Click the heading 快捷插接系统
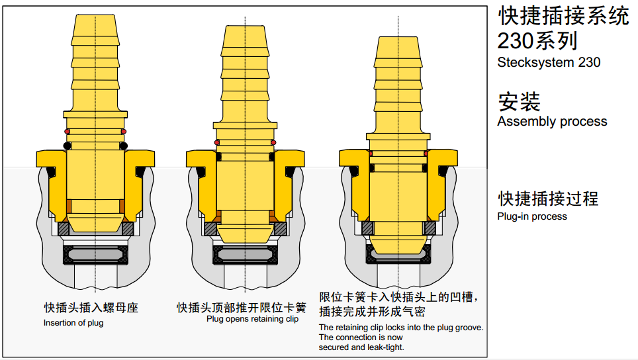point(563,17)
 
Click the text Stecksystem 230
point(549,62)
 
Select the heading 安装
point(519,102)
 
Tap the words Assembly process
point(552,121)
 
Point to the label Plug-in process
point(532,216)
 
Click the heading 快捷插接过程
point(548,199)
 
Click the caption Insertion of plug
point(73,322)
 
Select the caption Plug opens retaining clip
point(252,318)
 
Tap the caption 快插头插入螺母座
point(91,308)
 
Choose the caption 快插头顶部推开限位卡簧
point(242,308)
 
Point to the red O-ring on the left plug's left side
point(67,132)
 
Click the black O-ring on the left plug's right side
point(123,146)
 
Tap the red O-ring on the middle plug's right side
point(273,142)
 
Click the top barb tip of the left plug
point(95,15)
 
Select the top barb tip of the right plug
point(398,37)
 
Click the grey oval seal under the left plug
point(95,255)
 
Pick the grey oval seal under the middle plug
point(245,255)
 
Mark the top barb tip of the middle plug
point(245,26)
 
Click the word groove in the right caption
point(471,328)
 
